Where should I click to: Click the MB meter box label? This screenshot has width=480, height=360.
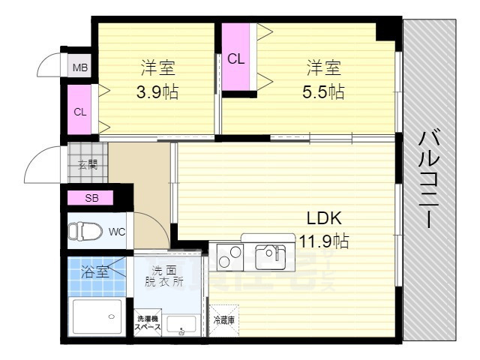pyautogui.click(x=79, y=68)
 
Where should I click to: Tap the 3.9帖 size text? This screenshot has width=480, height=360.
pyautogui.click(x=157, y=93)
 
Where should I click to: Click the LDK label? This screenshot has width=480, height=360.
pyautogui.click(x=324, y=218)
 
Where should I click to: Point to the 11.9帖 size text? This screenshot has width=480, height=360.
pyautogui.click(x=324, y=241)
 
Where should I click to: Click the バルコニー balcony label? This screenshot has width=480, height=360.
pyautogui.click(x=429, y=180)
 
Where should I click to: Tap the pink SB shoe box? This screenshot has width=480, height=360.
pyautogui.click(x=91, y=199)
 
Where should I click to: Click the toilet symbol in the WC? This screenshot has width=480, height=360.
pyautogui.click(x=79, y=232)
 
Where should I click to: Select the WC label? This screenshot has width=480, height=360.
pyautogui.click(x=116, y=232)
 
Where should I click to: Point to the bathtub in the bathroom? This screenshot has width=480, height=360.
pyautogui.click(x=97, y=317)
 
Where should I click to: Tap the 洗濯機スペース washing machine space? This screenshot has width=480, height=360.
pyautogui.click(x=148, y=322)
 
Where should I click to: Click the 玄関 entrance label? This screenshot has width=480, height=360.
pyautogui.click(x=87, y=165)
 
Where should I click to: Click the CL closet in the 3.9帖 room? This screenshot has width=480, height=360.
pyautogui.click(x=79, y=112)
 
